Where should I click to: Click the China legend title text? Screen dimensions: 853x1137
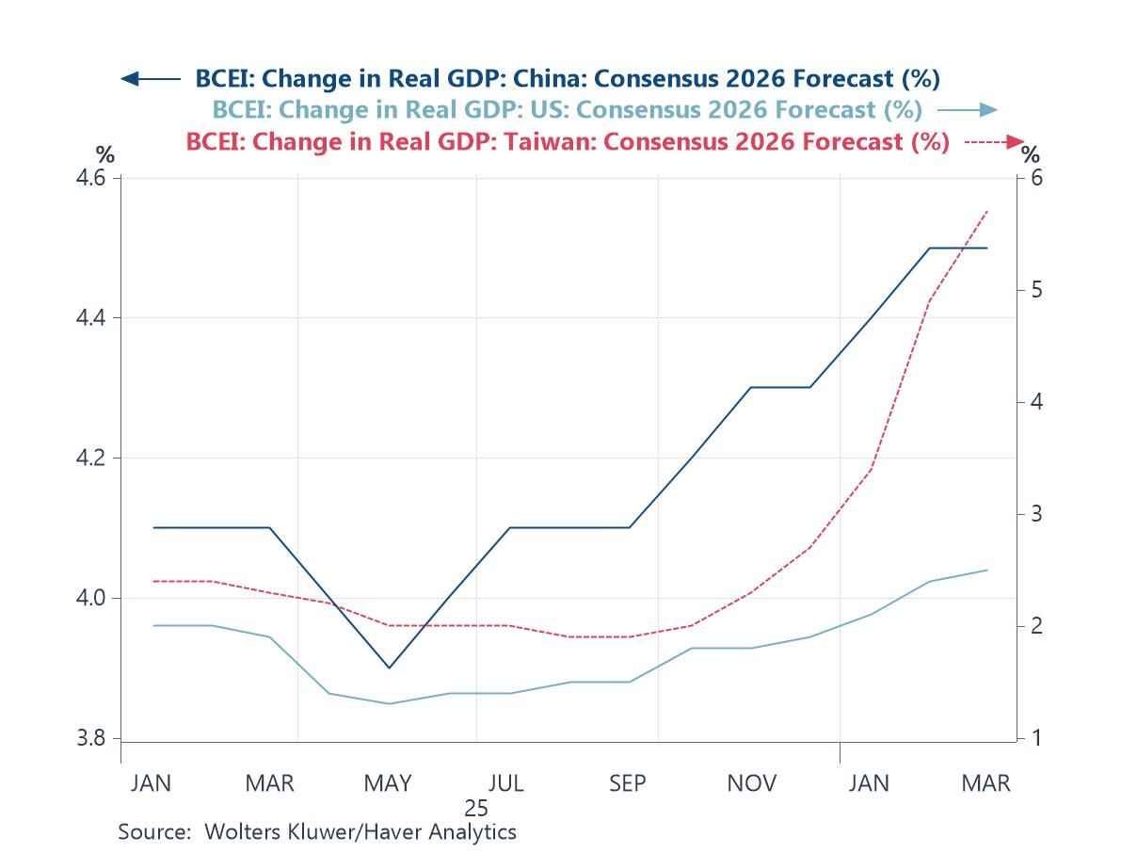[x=568, y=78]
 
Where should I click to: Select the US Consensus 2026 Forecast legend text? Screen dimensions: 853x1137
[x=567, y=109]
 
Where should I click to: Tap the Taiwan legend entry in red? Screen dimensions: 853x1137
[x=568, y=141]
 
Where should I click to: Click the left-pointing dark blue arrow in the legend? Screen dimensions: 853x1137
[x=150, y=79]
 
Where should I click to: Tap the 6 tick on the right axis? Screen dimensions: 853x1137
[x=1034, y=178]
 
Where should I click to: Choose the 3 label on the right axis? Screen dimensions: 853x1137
[x=1034, y=514]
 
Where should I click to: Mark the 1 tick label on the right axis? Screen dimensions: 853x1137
[x=1034, y=738]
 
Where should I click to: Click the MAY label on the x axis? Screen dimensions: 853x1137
[x=388, y=783]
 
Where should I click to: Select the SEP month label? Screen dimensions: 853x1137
[x=628, y=783]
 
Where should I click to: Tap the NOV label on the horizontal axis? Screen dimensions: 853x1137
[x=752, y=783]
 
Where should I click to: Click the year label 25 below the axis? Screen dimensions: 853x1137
[x=476, y=808]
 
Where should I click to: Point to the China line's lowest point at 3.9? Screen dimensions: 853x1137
[x=389, y=668]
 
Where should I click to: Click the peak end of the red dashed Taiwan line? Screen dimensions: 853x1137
[x=986, y=211]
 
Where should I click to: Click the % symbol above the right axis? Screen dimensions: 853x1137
[x=1032, y=155]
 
